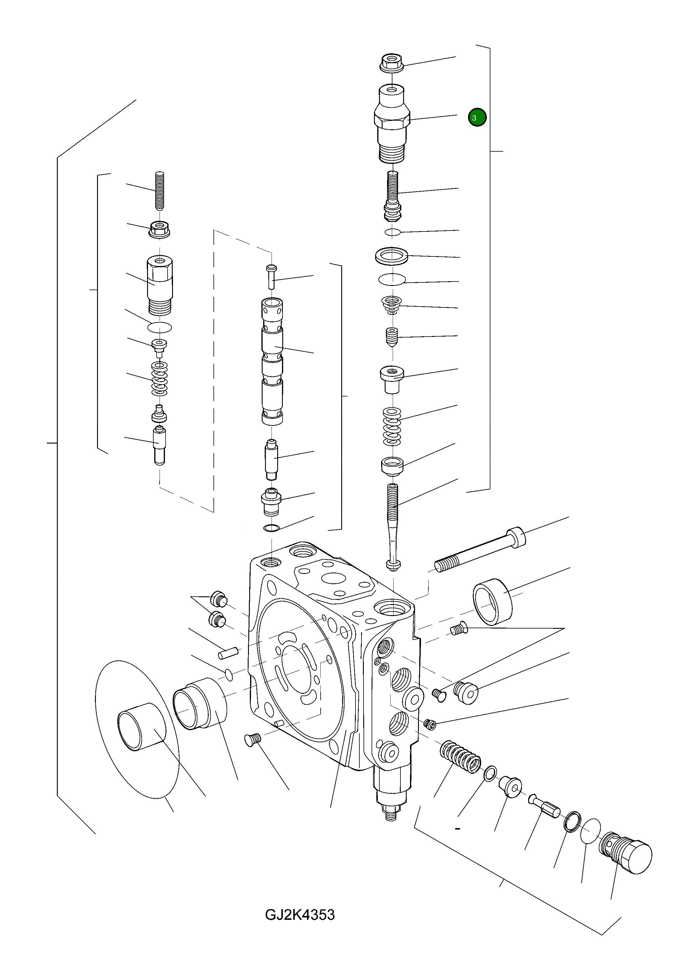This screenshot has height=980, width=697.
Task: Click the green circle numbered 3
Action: point(477,117)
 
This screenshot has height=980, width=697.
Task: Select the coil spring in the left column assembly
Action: point(160,379)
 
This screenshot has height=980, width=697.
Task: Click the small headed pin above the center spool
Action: point(271,276)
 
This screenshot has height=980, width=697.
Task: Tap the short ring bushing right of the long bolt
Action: point(493,601)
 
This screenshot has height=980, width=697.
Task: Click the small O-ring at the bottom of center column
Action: point(271,528)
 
